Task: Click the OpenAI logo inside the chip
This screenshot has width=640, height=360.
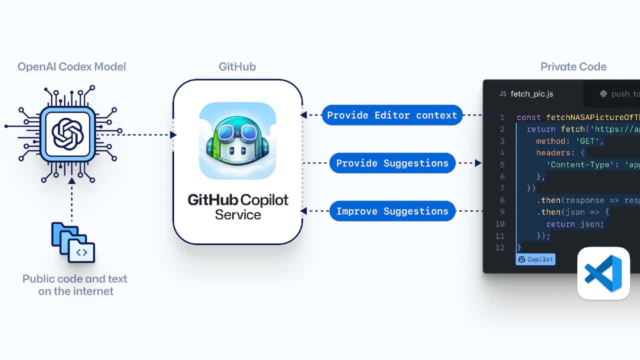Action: point(67,133)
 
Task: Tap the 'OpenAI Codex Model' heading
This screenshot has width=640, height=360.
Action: point(71,66)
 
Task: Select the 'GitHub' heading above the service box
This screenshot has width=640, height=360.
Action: point(237,66)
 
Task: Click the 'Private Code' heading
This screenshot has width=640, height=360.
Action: point(573,66)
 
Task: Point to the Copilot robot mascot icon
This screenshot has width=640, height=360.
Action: point(237,141)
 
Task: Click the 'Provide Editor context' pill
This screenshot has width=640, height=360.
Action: point(392,115)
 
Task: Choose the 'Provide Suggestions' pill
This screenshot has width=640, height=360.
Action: point(392,163)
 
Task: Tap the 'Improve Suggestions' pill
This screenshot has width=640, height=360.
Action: point(392,211)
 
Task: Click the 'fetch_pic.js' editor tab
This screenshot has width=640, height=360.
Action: point(531,93)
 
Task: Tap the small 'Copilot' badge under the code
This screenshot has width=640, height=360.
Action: point(535,259)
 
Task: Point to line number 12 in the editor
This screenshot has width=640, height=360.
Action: point(500,247)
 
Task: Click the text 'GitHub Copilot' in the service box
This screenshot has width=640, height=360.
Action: point(237,200)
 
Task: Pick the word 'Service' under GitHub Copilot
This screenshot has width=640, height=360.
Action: point(237,215)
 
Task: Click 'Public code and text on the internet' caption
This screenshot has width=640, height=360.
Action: point(75,285)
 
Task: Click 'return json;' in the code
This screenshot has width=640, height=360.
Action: point(575,224)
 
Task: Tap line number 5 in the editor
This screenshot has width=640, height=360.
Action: point(502,164)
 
